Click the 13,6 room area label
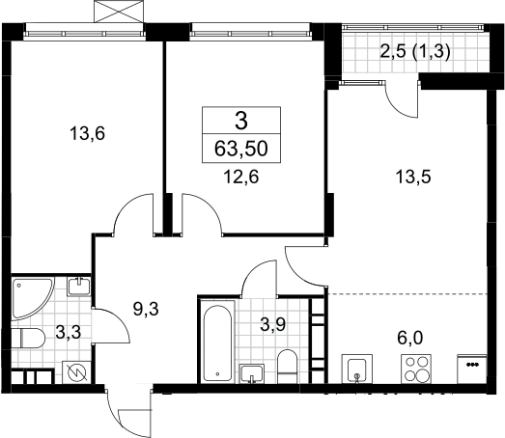pyautogui.click(x=87, y=133)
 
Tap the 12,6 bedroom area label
pyautogui.click(x=241, y=177)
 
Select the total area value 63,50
pyautogui.click(x=241, y=149)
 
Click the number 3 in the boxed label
pyautogui.click(x=241, y=122)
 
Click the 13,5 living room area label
pyautogui.click(x=413, y=177)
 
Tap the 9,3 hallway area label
pyautogui.click(x=146, y=309)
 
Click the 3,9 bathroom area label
pyautogui.click(x=272, y=324)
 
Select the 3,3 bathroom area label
pyautogui.click(x=68, y=332)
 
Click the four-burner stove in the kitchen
pyautogui.click(x=416, y=369)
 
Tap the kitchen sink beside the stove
pyautogui.click(x=357, y=369)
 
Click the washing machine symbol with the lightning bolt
pyautogui.click(x=76, y=372)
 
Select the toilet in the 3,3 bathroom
pyautogui.click(x=28, y=339)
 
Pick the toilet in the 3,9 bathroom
pyautogui.click(x=288, y=367)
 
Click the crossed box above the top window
pyautogui.click(x=119, y=12)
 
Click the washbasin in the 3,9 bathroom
pyautogui.click(x=252, y=373)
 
